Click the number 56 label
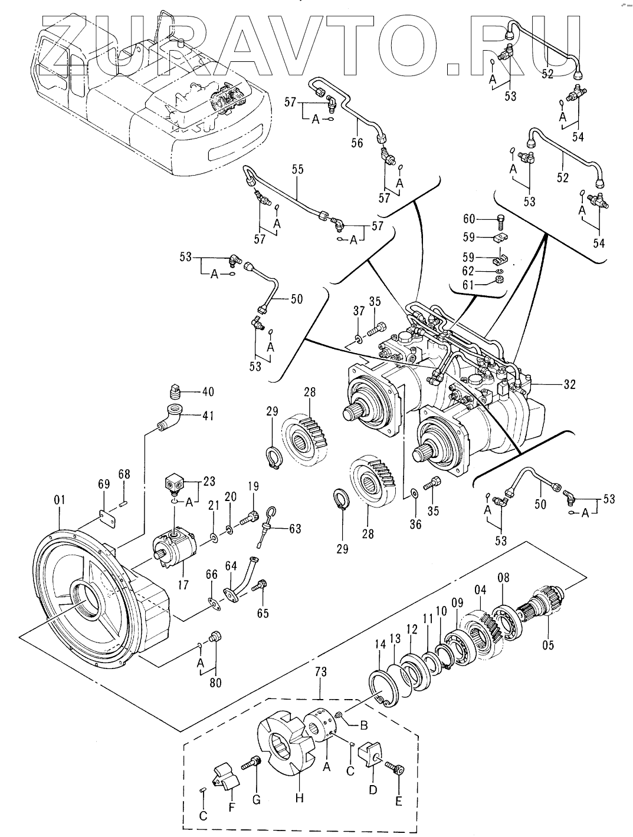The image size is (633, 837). coord(357,143)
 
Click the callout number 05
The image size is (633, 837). coord(548,645)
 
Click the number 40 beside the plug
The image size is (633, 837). coord(208,392)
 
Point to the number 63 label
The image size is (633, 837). coord(295,528)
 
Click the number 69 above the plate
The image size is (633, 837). coord(104,484)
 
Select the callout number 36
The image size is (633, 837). coord(416,522)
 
